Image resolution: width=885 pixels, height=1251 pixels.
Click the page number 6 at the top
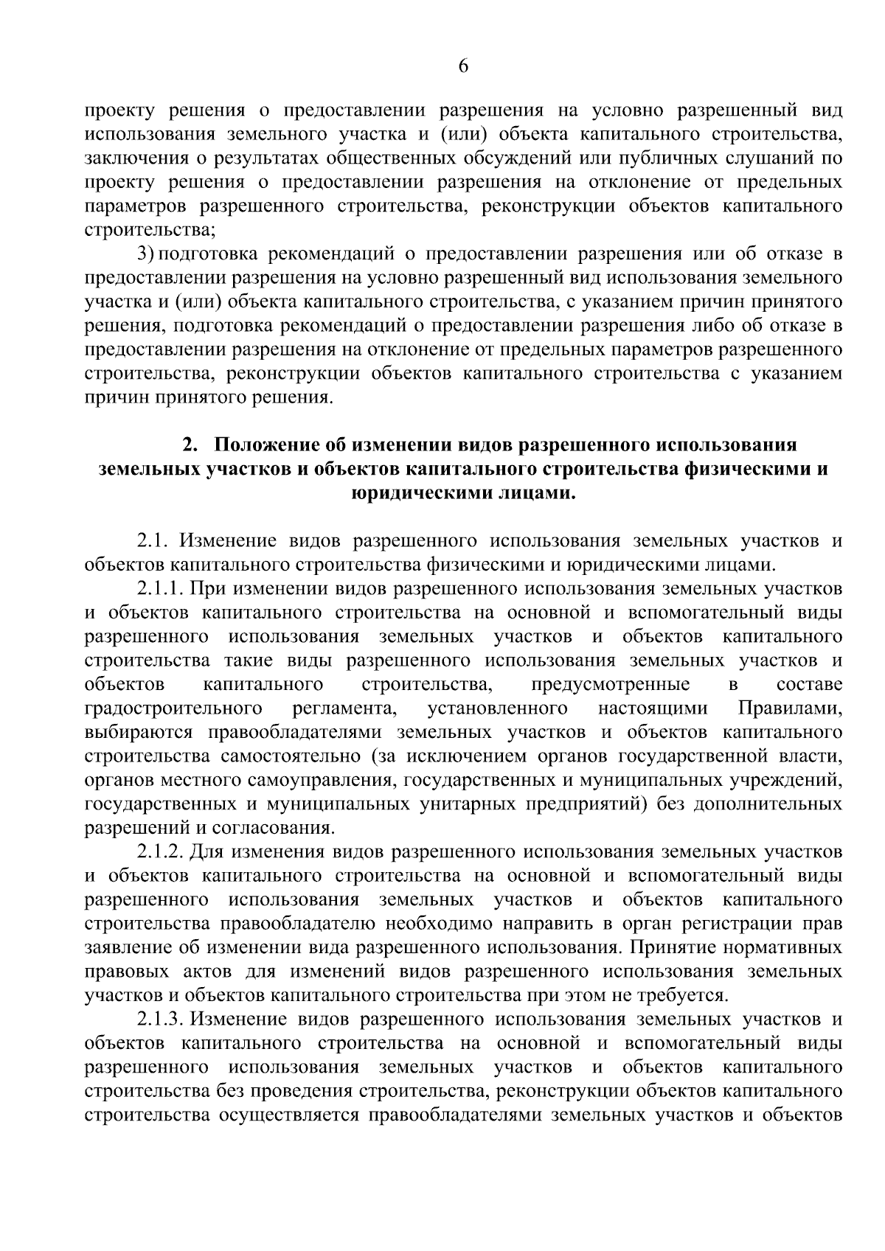point(463,66)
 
